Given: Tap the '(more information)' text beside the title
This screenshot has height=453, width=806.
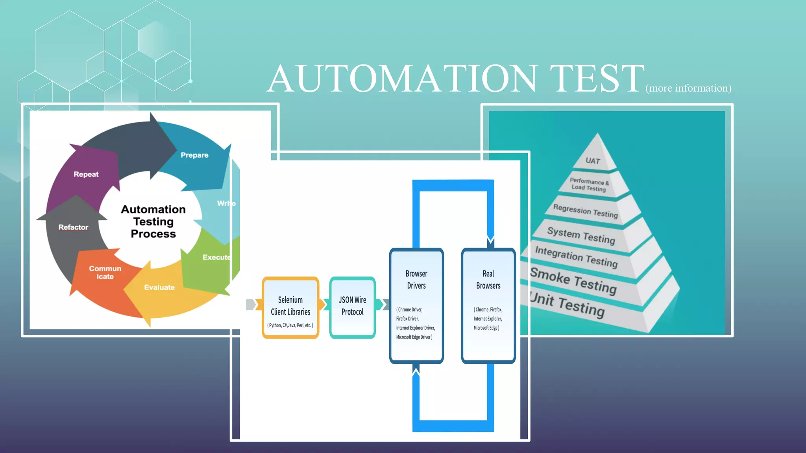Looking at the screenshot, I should tap(688, 88).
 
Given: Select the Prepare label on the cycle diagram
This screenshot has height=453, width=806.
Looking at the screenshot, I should tap(194, 155).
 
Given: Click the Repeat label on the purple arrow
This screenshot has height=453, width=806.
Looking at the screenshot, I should tap(86, 174).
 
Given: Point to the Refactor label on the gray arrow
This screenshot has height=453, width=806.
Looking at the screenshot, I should tap(73, 227).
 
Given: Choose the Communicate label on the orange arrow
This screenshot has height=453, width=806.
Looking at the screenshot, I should tap(105, 273).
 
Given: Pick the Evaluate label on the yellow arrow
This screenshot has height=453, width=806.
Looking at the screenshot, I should tap(159, 287).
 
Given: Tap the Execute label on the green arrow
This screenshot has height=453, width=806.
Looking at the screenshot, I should tap(216, 257).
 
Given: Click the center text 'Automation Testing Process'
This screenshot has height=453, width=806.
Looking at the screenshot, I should tap(153, 221).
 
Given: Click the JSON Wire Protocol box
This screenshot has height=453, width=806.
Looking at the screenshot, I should tap(352, 307).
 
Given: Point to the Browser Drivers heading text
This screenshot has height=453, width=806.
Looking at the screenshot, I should tap(416, 280).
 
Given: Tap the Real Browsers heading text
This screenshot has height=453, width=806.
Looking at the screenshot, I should tap(488, 280).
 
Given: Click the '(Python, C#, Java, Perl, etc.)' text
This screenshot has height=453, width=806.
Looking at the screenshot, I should tap(290, 326).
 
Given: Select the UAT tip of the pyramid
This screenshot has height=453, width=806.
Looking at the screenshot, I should tap(593, 160).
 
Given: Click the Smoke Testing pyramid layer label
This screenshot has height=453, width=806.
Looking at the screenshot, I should tap(573, 281).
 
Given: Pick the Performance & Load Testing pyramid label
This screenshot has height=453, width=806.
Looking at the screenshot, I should tap(589, 184).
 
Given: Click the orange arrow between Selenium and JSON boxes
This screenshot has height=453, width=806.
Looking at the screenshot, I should tap(322, 304).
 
